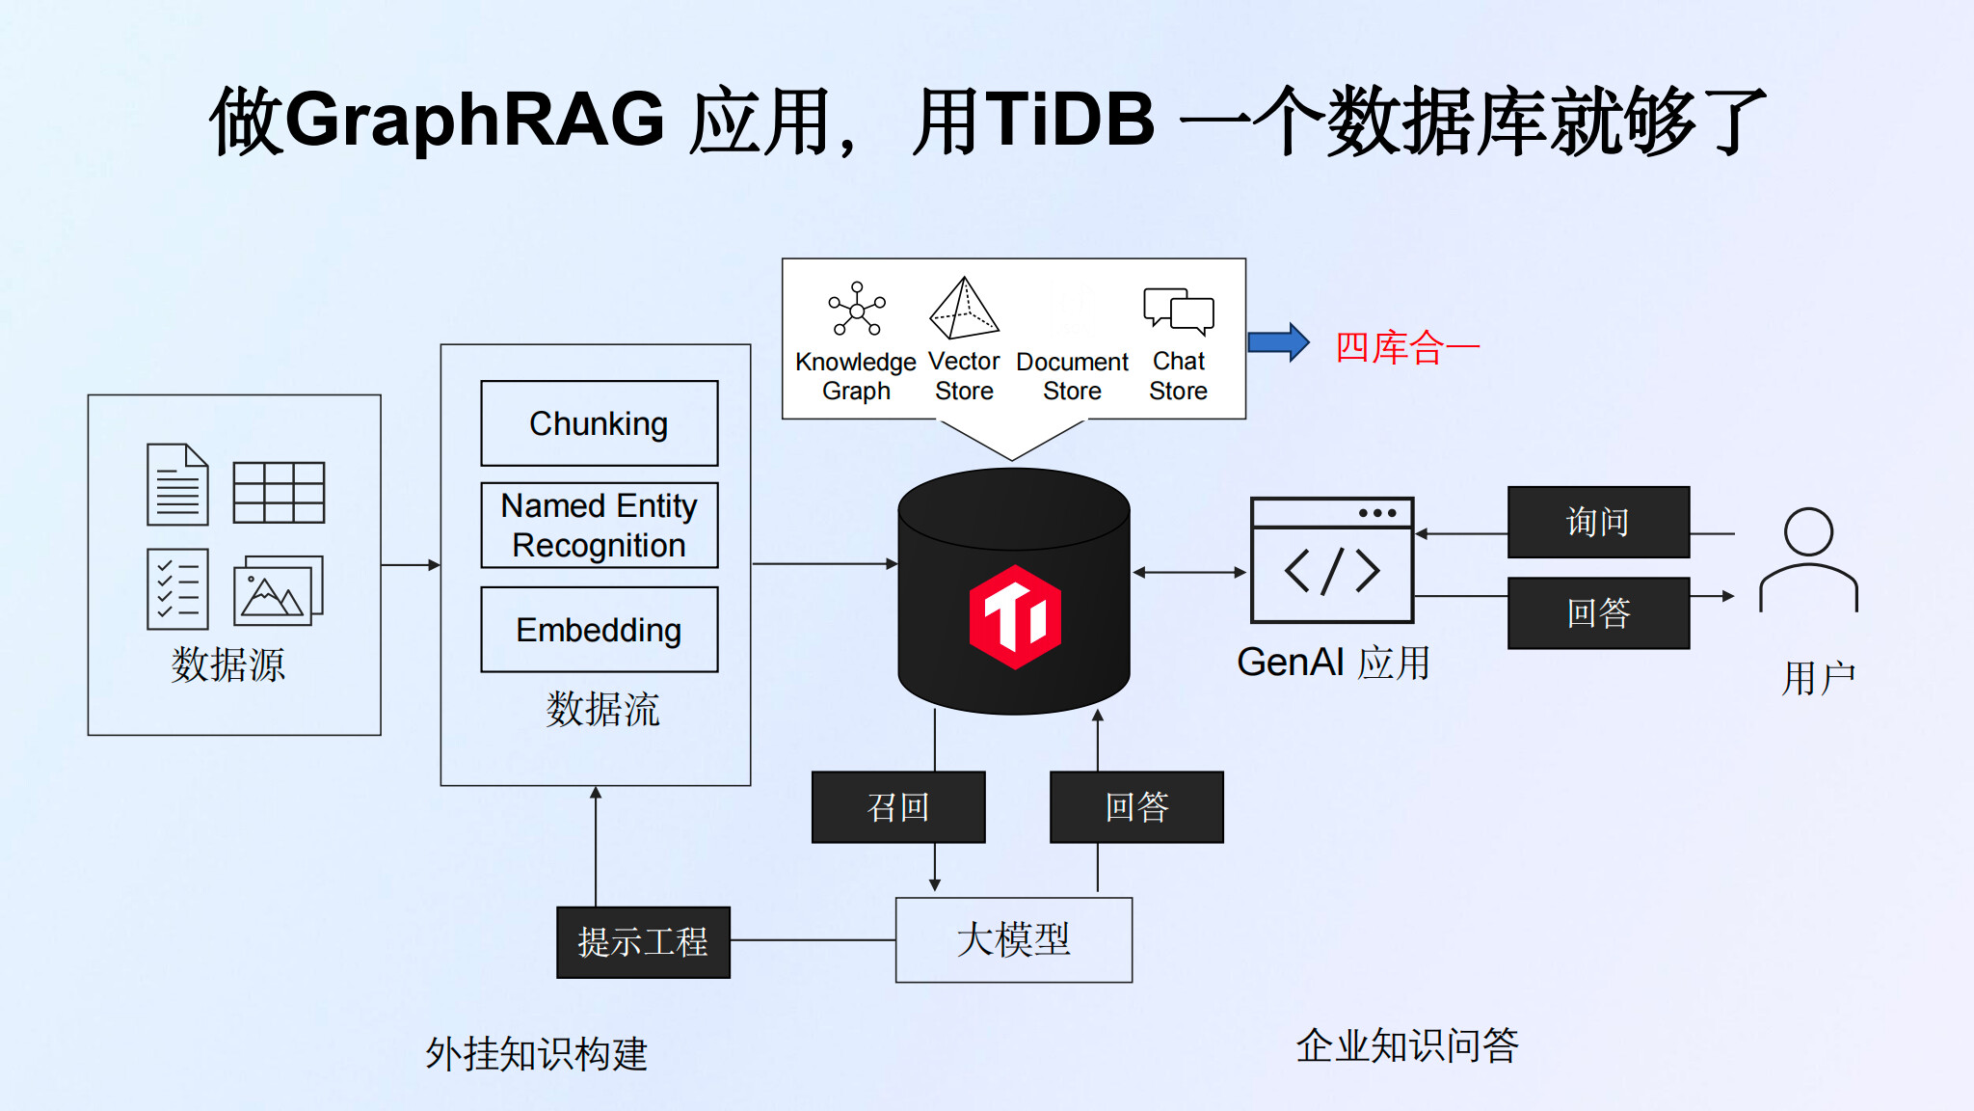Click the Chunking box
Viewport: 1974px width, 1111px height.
coord(600,423)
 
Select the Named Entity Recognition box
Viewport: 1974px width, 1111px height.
coord(600,526)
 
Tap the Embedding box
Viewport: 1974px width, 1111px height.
coord(600,629)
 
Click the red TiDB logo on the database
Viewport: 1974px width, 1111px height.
coord(1015,617)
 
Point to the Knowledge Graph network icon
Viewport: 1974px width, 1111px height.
coord(857,309)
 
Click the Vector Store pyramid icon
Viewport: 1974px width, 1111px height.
coord(964,309)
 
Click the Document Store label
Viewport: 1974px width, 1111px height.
coord(1072,376)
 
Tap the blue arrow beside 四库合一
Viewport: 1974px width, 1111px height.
coord(1278,342)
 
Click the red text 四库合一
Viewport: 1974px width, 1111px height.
coord(1407,347)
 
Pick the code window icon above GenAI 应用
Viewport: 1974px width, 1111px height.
coord(1332,560)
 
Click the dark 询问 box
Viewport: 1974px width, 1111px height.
coord(1598,522)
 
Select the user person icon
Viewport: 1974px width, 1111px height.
coord(1808,560)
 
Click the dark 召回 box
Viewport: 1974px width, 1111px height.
coord(898,807)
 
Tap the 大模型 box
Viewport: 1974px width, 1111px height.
coord(1014,940)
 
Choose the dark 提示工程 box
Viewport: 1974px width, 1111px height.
coord(643,942)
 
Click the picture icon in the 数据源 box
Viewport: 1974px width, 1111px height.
coord(279,590)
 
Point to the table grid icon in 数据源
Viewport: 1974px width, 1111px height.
coord(279,493)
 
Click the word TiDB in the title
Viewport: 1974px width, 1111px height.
coord(1070,120)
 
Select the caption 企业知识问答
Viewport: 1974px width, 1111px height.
coord(1407,1045)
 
